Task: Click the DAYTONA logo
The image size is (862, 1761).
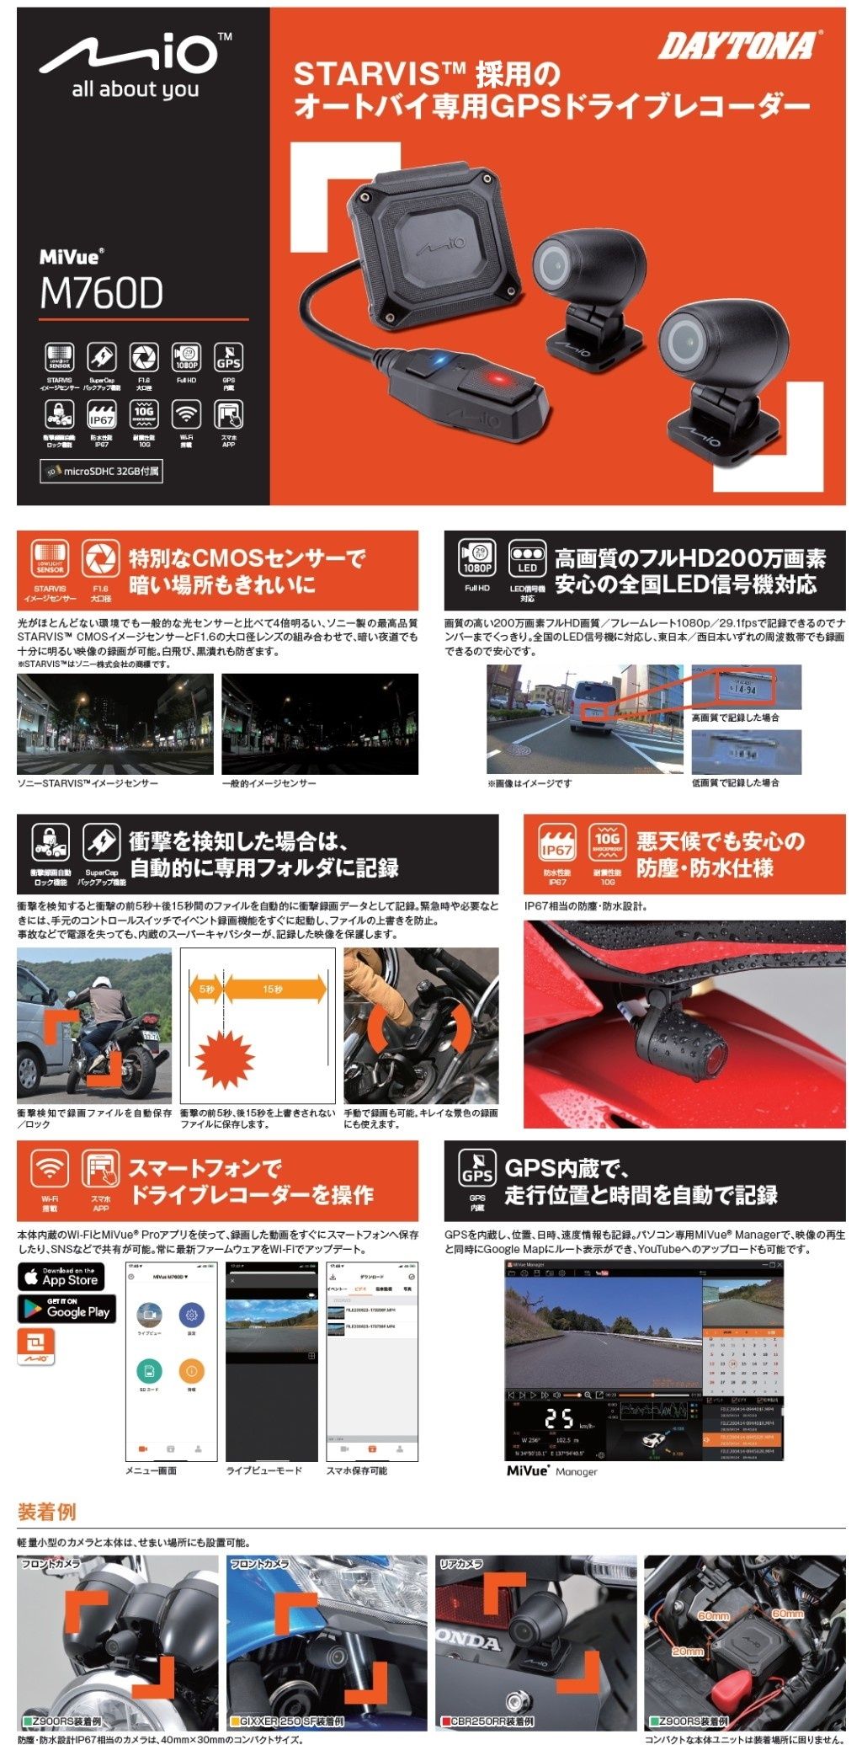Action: click(738, 45)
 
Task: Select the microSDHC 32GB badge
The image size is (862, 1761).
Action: click(101, 472)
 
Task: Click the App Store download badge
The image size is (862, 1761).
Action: click(61, 1277)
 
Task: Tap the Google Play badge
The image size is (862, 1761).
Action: click(67, 1309)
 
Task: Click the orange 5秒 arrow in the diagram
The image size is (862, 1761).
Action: click(205, 989)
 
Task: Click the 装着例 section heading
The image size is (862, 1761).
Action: click(47, 1512)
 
